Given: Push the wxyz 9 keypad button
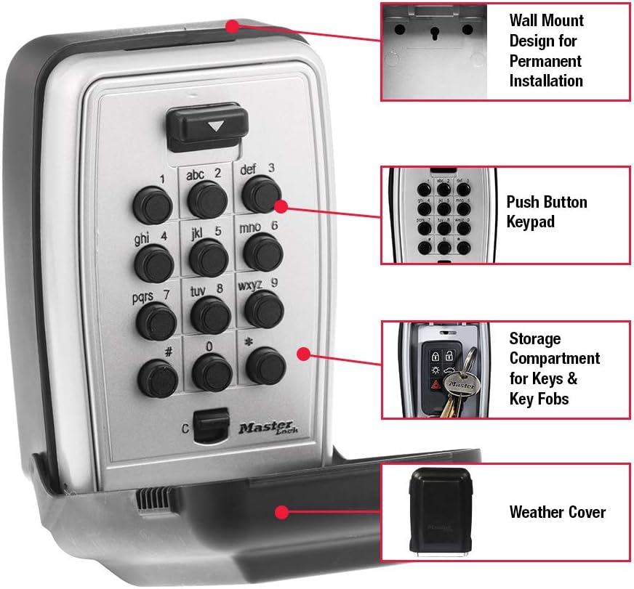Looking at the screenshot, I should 263,308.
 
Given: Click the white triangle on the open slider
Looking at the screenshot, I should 215,125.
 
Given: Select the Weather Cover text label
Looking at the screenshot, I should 557,511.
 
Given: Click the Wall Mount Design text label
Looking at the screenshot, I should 546,50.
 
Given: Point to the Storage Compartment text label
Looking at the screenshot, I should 554,368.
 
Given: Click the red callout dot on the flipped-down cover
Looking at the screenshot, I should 281,512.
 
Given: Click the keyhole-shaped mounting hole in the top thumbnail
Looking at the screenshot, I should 433,33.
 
